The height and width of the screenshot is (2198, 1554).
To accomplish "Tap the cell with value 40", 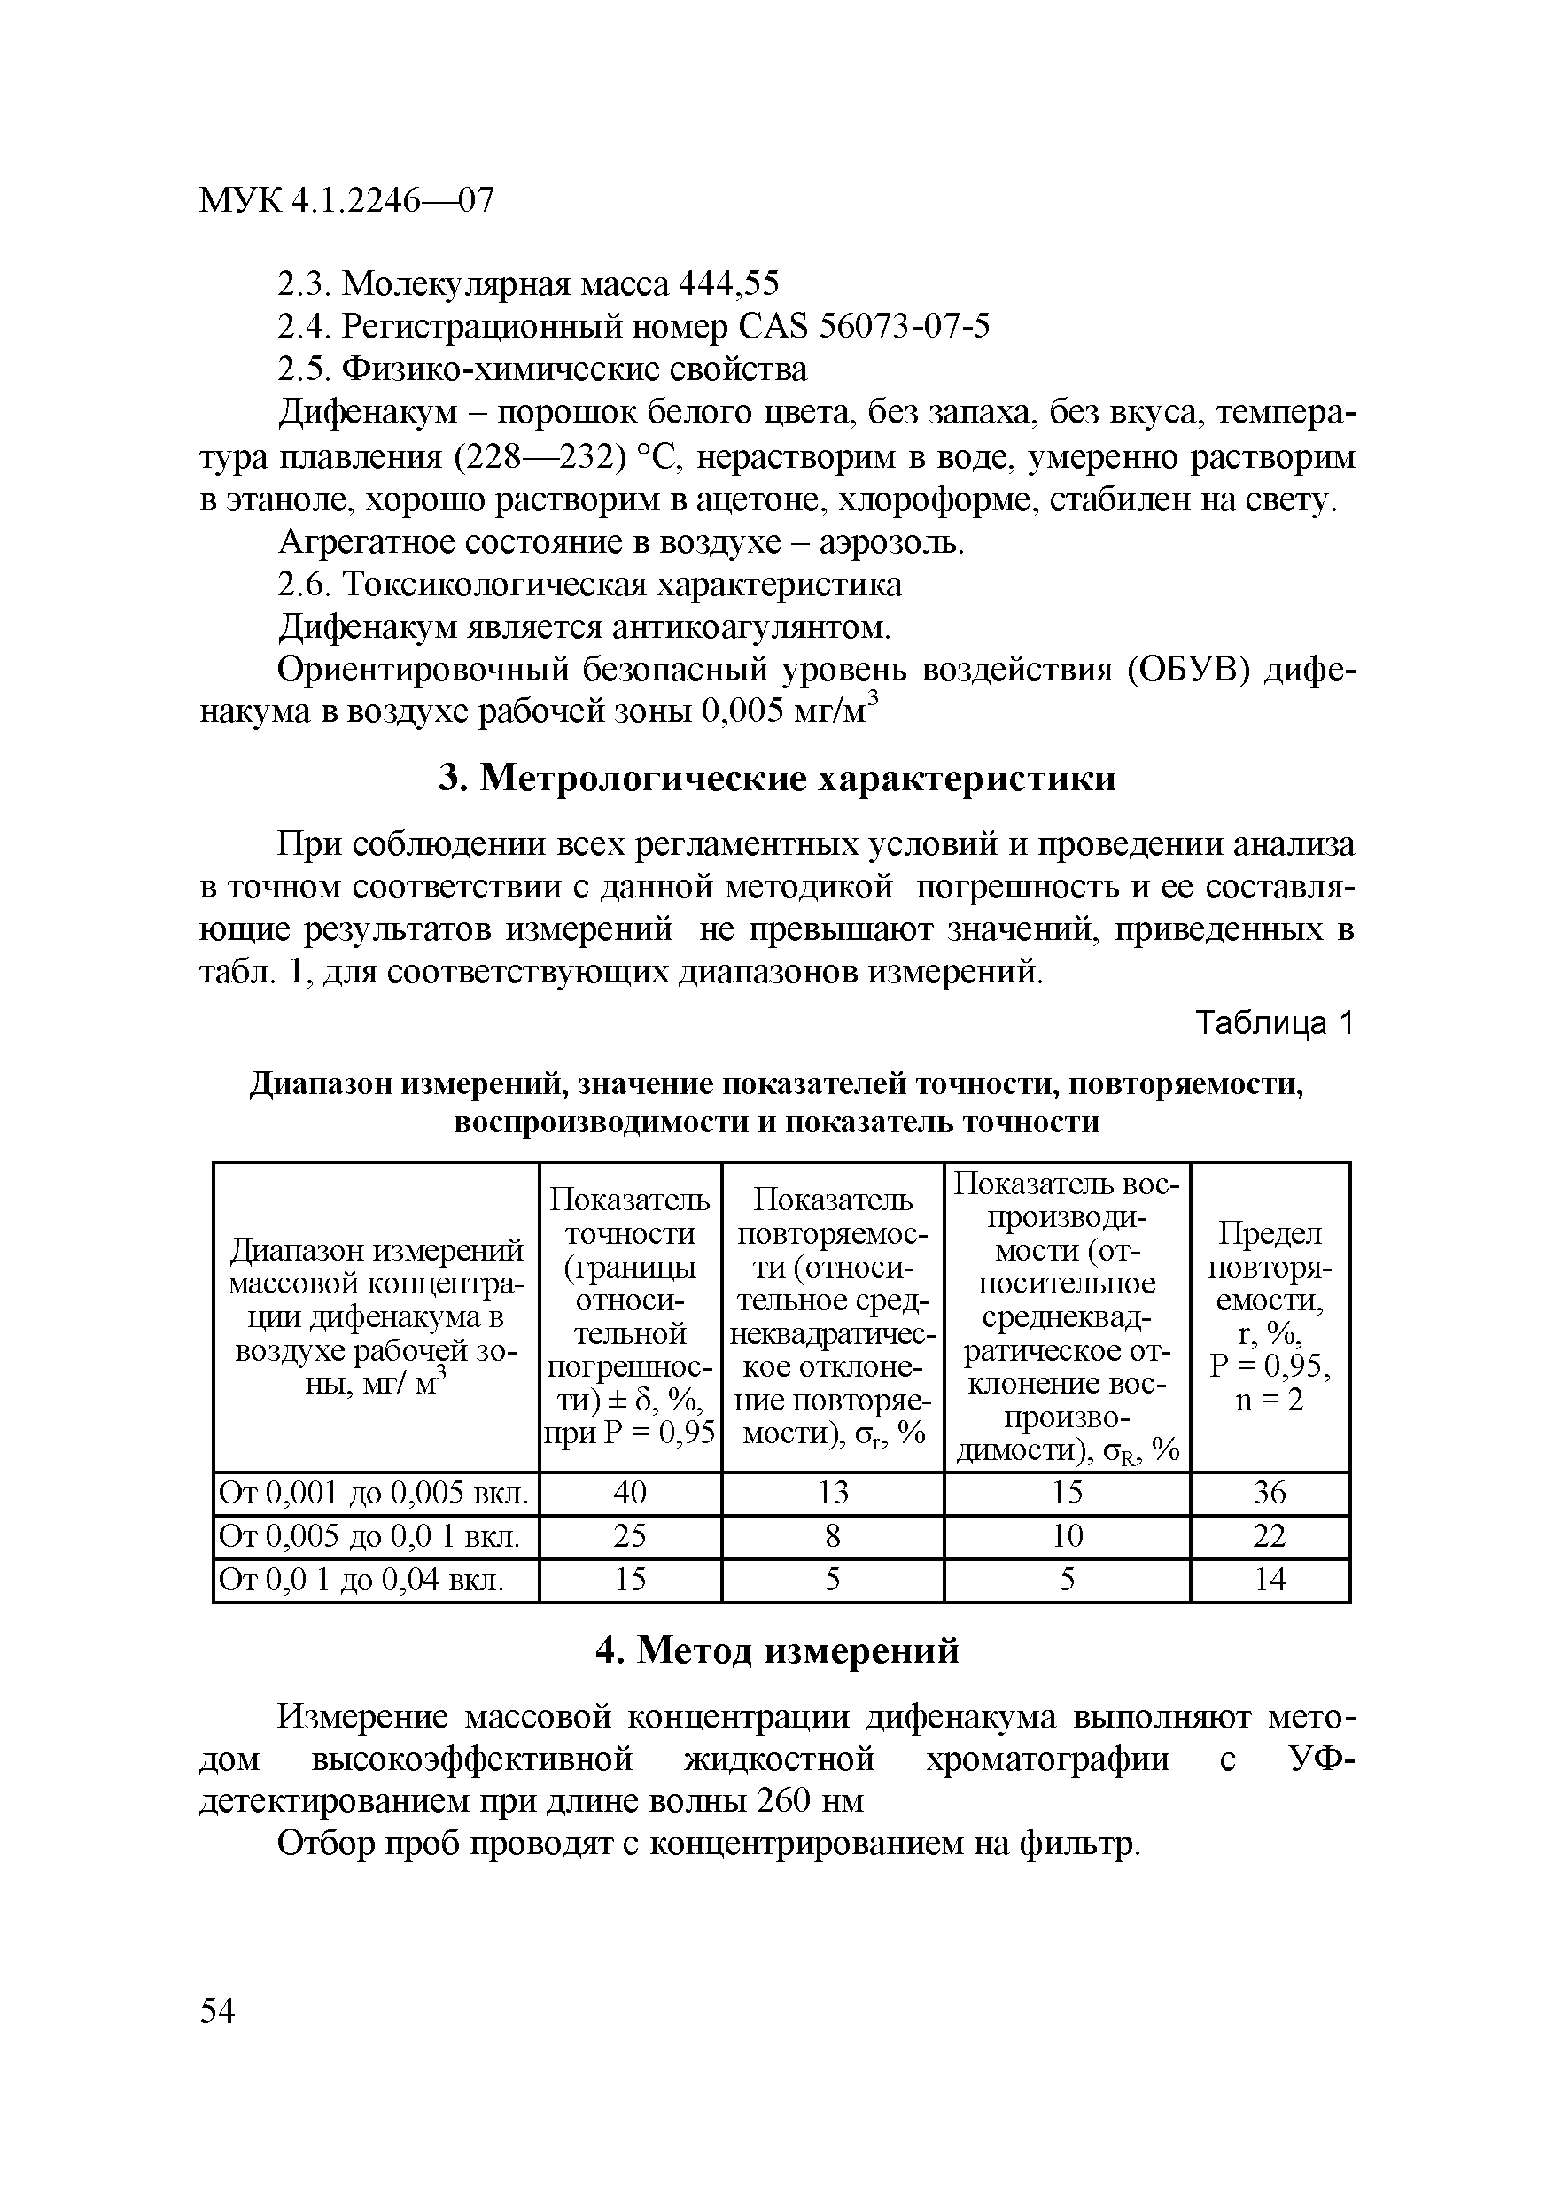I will pyautogui.click(x=630, y=1493).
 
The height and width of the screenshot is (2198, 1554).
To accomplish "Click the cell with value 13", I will pyautogui.click(x=832, y=1493).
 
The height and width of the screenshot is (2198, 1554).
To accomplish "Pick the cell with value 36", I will pyautogui.click(x=1270, y=1493).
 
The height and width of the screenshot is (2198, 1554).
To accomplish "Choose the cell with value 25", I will pyautogui.click(x=630, y=1535).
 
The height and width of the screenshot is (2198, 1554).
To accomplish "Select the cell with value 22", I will pyautogui.click(x=1270, y=1535).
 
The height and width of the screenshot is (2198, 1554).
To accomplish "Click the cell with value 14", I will pyautogui.click(x=1270, y=1579).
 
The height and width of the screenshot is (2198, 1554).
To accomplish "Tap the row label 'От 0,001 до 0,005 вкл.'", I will pyautogui.click(x=375, y=1493).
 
